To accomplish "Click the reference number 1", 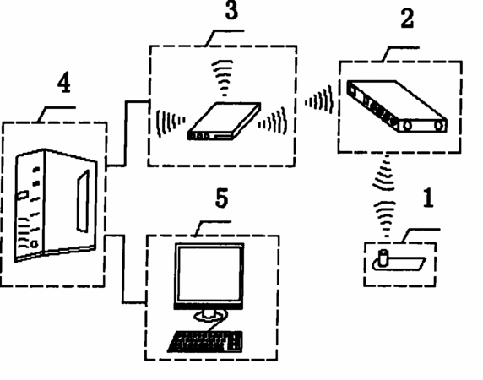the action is click(x=429, y=198).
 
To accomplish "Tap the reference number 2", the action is click(x=407, y=19).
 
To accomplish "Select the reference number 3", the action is click(x=231, y=10).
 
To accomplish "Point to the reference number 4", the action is click(x=64, y=83).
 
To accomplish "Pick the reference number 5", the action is click(x=222, y=198).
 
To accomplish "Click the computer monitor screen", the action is click(x=209, y=274).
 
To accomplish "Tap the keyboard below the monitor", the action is click(x=206, y=341).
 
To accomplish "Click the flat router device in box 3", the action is click(x=225, y=122).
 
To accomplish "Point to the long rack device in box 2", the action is click(x=398, y=106).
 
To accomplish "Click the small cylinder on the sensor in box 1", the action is click(x=383, y=258).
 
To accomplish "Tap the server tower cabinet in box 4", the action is click(x=56, y=205).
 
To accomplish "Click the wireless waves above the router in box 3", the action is click(x=222, y=78).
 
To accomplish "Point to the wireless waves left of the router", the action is click(x=171, y=122).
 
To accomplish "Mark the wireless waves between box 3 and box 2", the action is click(x=320, y=100).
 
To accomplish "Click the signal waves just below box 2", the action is click(x=384, y=173).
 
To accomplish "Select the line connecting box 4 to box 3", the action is click(x=126, y=133).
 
